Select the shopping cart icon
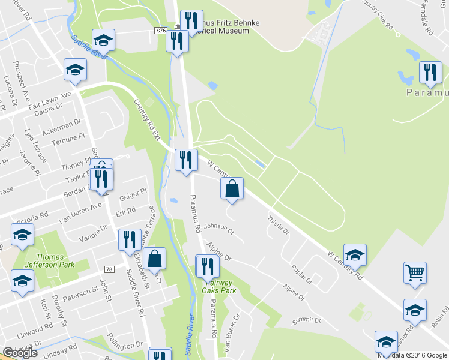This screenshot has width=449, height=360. pyautogui.click(x=415, y=273)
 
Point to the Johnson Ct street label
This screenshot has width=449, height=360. pyautogui.click(x=218, y=227)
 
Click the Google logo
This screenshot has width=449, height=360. pyautogui.click(x=20, y=353)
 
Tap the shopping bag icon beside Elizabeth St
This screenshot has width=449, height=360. pyautogui.click(x=154, y=259)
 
